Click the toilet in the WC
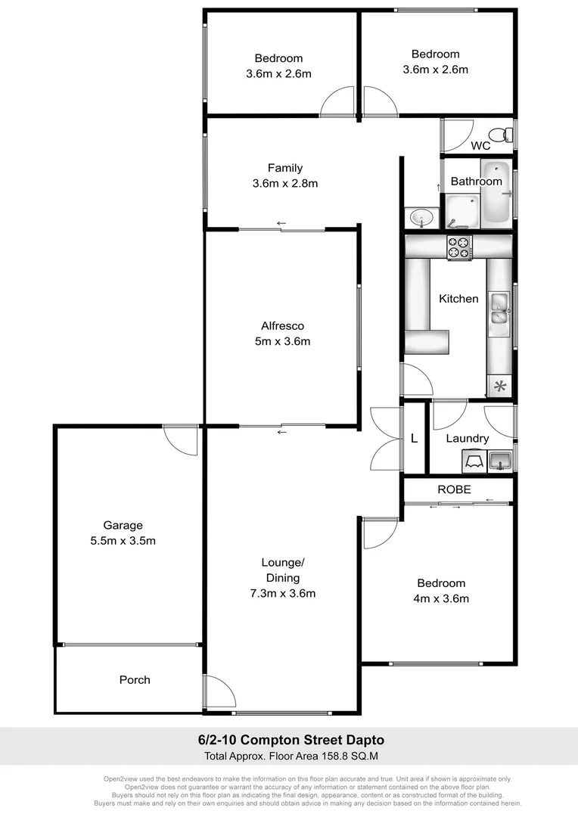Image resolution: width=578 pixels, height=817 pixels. click(x=506, y=135)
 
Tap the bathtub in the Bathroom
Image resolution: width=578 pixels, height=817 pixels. click(x=497, y=193)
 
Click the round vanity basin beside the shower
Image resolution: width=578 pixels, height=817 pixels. click(x=420, y=218)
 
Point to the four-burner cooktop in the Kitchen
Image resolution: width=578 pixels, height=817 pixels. click(x=459, y=247)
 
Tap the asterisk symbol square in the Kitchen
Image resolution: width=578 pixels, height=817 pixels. click(x=499, y=387)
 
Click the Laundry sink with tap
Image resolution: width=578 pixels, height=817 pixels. click(x=501, y=459)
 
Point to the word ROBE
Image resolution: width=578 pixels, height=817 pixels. click(x=454, y=489)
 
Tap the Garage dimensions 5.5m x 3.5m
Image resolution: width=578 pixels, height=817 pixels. click(x=123, y=541)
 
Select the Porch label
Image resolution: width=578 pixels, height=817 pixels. click(x=135, y=680)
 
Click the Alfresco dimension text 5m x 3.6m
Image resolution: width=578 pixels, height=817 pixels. click(x=282, y=341)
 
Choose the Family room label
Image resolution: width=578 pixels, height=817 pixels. click(x=284, y=168)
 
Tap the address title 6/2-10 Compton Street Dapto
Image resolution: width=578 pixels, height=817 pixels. click(x=290, y=741)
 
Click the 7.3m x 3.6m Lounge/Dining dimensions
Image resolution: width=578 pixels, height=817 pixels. click(x=282, y=593)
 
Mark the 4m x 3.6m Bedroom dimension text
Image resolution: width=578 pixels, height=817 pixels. click(x=441, y=598)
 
